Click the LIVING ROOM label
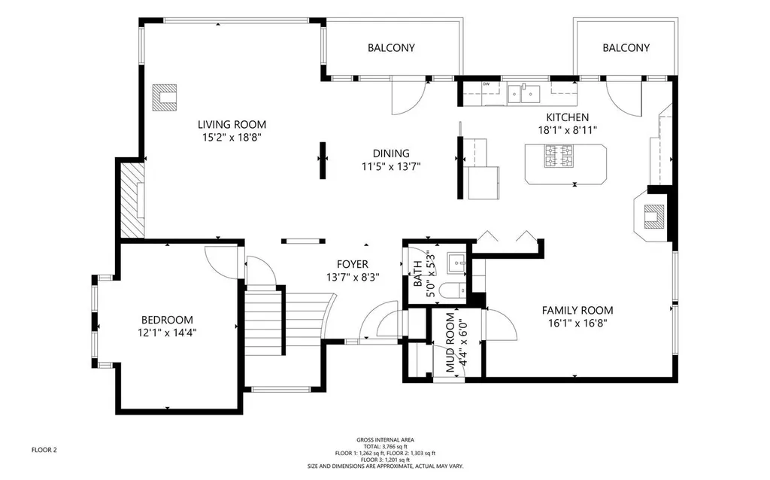(x=232, y=125)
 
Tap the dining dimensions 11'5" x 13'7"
(x=391, y=166)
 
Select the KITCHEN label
(x=567, y=117)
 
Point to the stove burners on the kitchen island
(x=559, y=156)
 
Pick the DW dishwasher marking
(x=487, y=84)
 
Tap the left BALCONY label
(x=391, y=47)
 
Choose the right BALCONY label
(x=626, y=47)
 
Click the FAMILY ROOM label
(x=577, y=311)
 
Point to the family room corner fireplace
(x=651, y=216)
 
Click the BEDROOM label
(x=167, y=320)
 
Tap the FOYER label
(x=353, y=264)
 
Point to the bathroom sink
(x=456, y=264)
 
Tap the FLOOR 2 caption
(x=44, y=450)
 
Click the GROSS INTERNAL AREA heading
(x=386, y=440)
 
